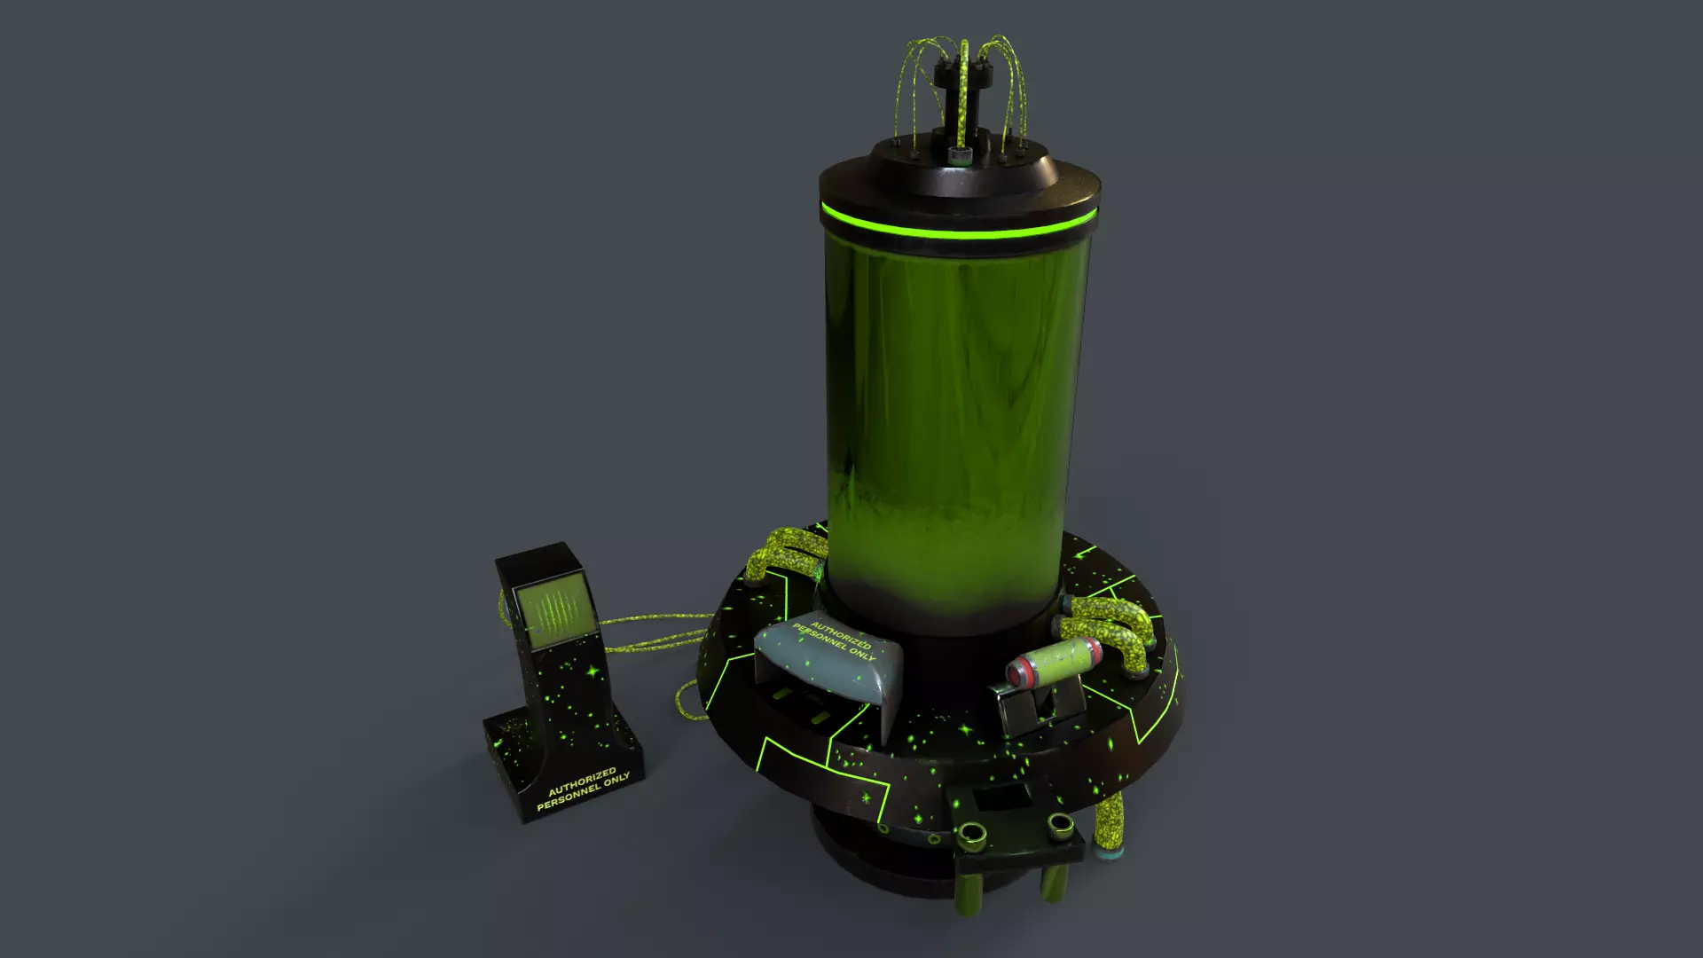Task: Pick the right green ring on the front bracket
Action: coord(1060,828)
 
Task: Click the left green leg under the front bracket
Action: coord(972,891)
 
